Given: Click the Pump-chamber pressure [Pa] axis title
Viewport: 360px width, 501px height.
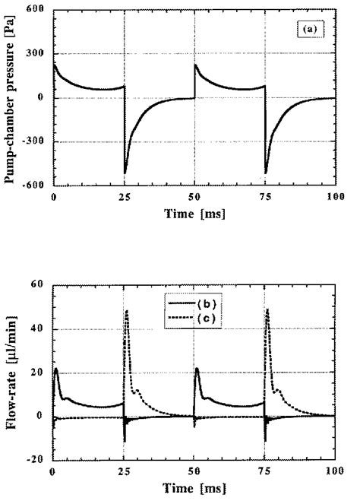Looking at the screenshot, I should [11, 97].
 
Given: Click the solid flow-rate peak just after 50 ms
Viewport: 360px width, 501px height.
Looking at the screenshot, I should [197, 369].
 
